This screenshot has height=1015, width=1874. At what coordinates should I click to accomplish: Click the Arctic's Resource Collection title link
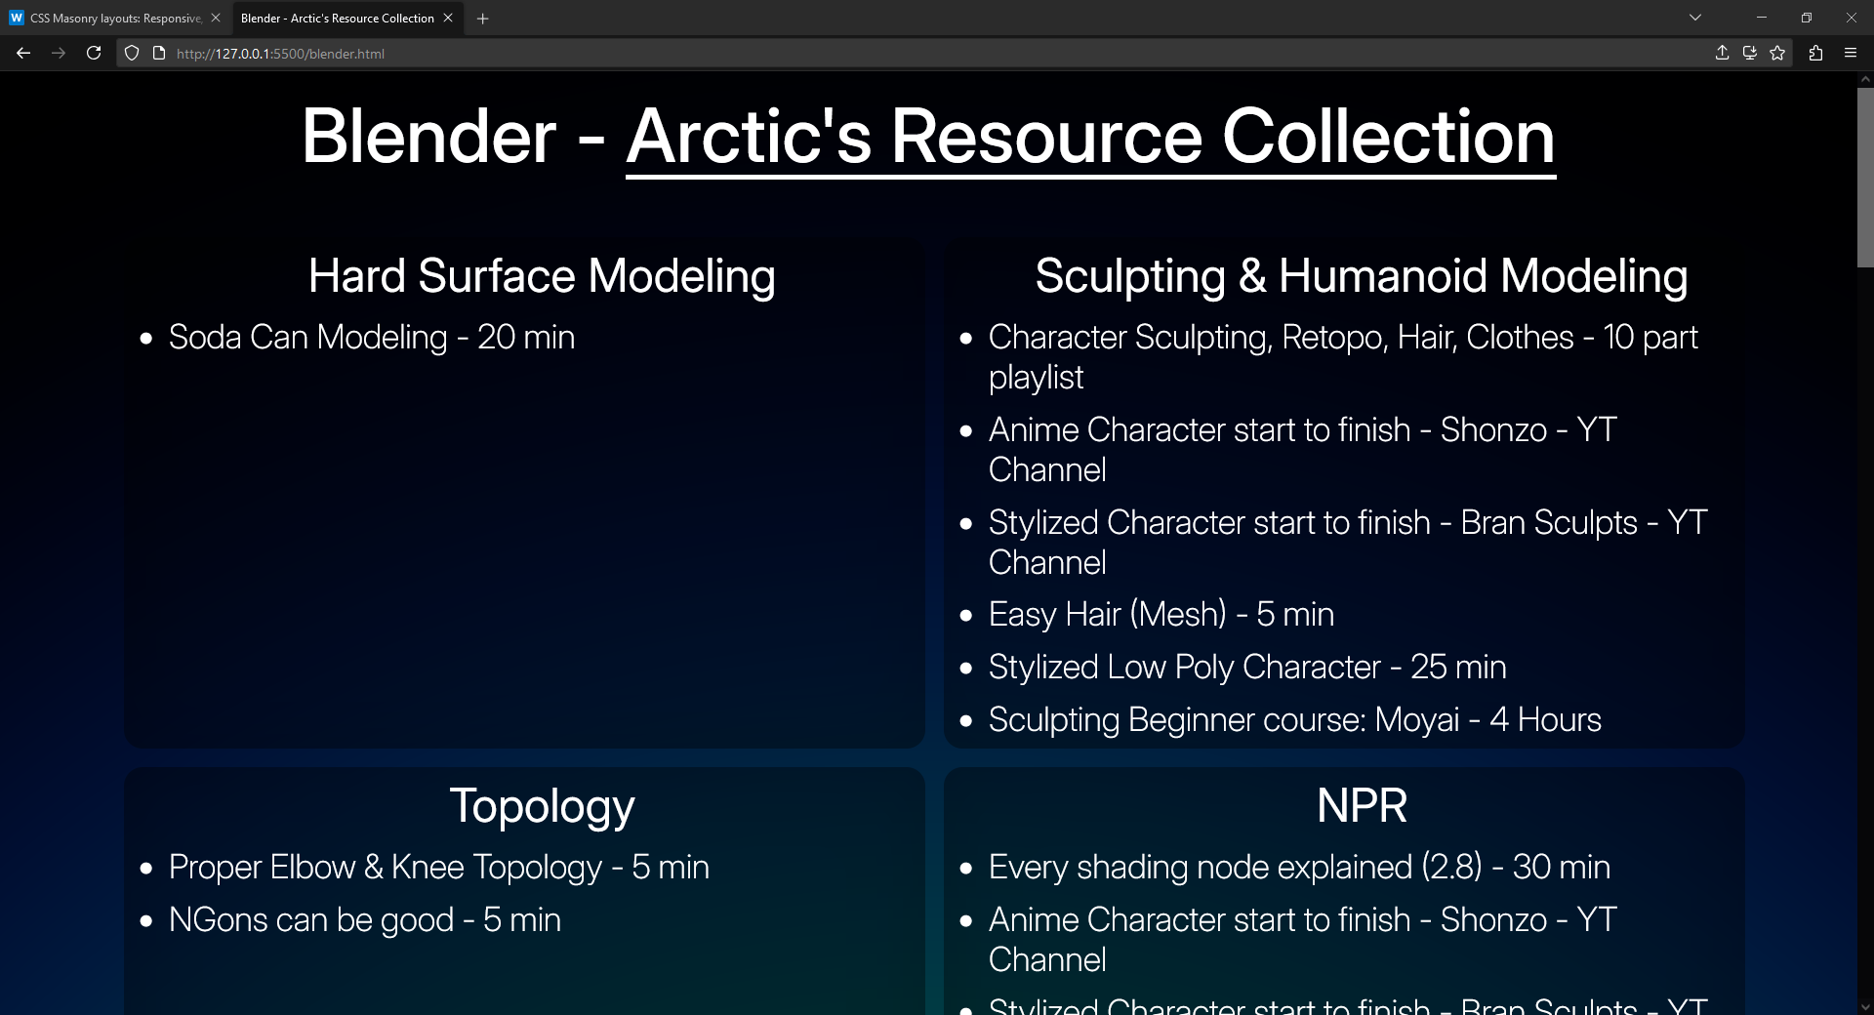pos(1090,137)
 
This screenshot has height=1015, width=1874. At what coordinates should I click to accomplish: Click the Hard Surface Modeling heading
pos(542,276)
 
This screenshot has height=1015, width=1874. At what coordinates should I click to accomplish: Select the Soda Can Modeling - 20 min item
pos(372,338)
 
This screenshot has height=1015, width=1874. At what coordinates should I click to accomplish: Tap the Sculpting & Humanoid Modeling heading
pos(1362,276)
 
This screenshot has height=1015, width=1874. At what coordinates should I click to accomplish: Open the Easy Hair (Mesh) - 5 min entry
pos(1161,615)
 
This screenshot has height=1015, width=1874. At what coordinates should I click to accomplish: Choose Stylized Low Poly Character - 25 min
pos(1247,668)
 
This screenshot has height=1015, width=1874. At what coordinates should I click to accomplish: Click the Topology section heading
pos(542,806)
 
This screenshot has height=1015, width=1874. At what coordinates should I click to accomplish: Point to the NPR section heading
pos(1362,806)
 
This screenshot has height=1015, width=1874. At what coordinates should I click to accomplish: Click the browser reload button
pos(94,54)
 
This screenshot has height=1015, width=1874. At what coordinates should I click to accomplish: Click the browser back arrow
pos(23,54)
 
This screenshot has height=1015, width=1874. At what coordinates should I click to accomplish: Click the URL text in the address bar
pos(280,54)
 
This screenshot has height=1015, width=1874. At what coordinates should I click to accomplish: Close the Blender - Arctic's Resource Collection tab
pos(448,19)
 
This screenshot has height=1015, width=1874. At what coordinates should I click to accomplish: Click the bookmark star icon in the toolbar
pos(1777,54)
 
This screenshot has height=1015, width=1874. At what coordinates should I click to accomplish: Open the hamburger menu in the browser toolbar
pos(1850,54)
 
